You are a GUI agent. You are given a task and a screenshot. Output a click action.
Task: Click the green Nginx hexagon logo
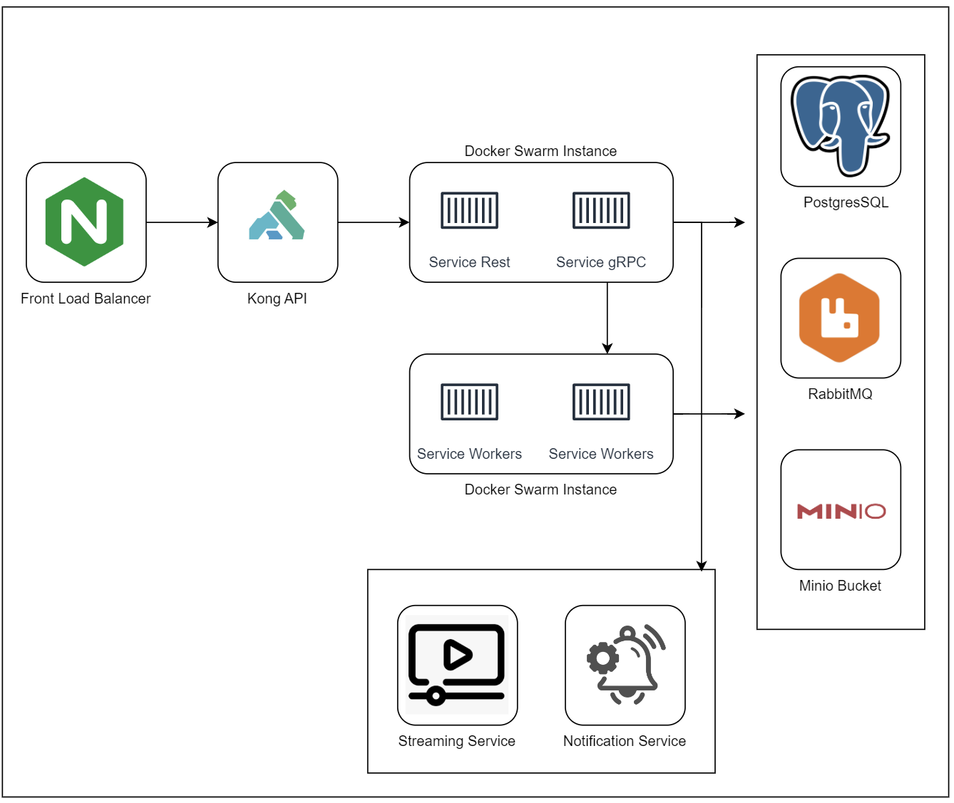click(85, 222)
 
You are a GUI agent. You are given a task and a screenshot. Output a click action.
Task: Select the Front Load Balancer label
click(86, 299)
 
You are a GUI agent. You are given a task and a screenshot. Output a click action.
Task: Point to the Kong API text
click(277, 299)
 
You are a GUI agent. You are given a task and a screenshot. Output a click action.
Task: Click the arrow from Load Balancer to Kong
click(182, 222)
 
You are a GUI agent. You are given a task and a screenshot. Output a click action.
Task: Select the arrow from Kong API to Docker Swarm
click(374, 222)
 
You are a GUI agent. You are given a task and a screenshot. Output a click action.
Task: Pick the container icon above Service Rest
click(469, 210)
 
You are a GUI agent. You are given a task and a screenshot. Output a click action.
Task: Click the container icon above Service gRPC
click(601, 210)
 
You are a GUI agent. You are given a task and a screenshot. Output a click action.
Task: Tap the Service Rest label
click(469, 262)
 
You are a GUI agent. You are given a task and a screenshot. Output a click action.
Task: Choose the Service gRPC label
click(601, 262)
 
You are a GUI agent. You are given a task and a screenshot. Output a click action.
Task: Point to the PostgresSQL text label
click(846, 202)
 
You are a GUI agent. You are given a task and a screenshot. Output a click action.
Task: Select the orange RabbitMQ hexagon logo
click(840, 318)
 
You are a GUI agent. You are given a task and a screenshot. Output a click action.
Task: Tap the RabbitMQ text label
click(840, 394)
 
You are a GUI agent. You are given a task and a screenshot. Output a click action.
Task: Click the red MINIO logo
click(841, 511)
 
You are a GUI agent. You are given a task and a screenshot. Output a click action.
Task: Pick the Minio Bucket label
click(840, 586)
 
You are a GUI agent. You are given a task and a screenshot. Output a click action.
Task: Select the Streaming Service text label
click(456, 741)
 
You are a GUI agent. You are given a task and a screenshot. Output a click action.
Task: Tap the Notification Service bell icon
click(625, 664)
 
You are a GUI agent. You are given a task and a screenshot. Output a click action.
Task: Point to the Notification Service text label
click(625, 741)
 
